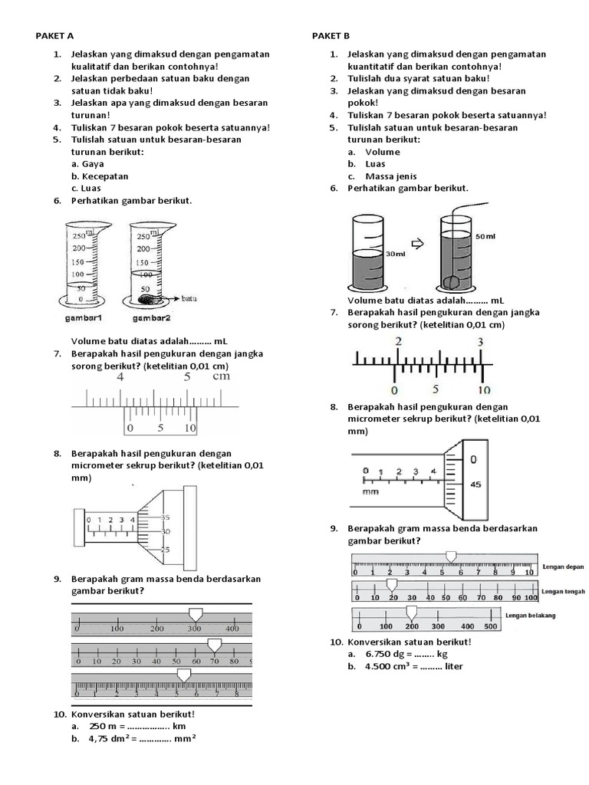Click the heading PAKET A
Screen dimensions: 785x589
pos(55,36)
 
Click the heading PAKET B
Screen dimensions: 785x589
pos(331,36)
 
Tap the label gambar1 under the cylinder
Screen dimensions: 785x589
pos(84,317)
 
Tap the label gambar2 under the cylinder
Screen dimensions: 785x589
pos(151,317)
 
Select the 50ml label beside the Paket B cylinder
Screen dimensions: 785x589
pos(486,236)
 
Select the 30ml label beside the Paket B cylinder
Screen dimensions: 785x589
pos(396,254)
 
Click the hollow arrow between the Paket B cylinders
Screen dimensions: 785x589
pos(418,245)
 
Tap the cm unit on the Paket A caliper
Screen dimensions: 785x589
pos(221,376)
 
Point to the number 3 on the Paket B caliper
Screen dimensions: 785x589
pos(480,342)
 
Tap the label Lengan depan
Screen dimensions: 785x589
pos(563,567)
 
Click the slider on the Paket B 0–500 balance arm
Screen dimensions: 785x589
pos(411,612)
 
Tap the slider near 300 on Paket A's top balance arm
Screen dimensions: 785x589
pos(195,613)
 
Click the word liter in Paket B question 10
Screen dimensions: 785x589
pos(451,666)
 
